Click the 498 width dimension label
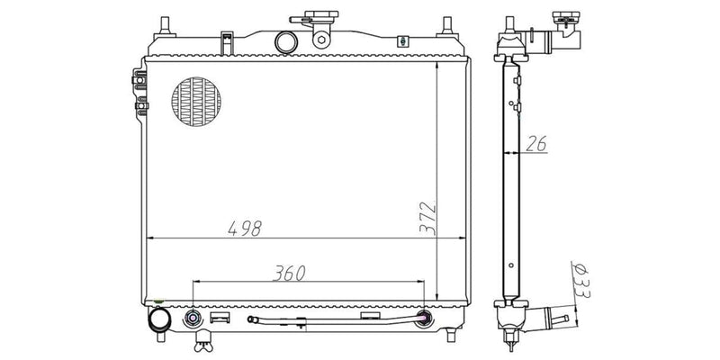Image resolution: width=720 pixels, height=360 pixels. coord(245,229)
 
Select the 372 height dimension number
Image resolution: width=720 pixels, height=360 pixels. coord(428,218)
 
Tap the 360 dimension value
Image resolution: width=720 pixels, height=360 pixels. coord(289,274)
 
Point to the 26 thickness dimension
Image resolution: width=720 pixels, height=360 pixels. coord(535,144)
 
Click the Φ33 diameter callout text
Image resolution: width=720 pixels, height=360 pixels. coord(581,281)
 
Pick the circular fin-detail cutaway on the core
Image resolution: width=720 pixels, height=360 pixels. coord(196,102)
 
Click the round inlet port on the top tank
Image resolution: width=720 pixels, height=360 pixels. coord(286,42)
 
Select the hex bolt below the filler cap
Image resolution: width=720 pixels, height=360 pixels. coord(321,40)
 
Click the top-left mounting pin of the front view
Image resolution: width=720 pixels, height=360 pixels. coord(165,28)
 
